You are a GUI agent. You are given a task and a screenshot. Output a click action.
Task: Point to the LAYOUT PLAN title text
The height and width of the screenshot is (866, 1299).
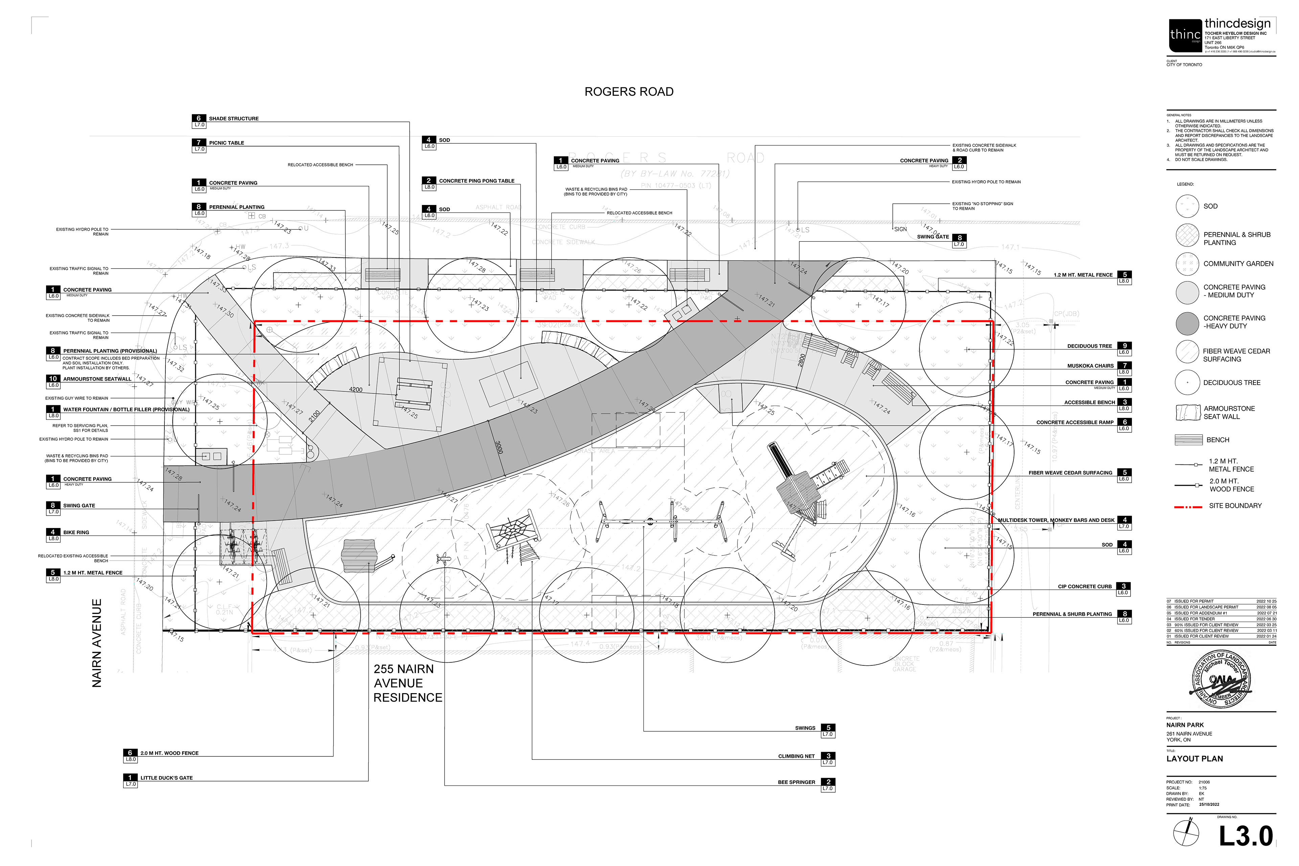click(x=1194, y=759)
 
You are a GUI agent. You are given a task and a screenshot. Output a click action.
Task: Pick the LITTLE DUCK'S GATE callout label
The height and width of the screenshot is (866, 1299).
click(x=166, y=778)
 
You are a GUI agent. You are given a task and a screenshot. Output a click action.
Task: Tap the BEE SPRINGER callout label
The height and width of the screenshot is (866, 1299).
click(x=796, y=782)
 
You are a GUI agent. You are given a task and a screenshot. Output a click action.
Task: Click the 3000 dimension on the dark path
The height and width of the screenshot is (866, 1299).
click(x=498, y=447)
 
